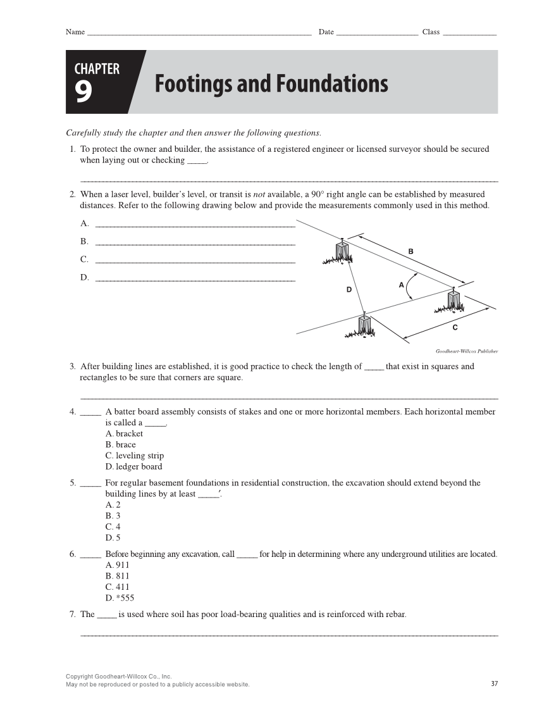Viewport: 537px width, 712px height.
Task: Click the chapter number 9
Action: point(84,92)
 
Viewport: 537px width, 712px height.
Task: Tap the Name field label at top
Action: point(75,32)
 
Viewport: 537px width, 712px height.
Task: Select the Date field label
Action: point(326,32)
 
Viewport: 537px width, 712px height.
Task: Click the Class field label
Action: point(431,32)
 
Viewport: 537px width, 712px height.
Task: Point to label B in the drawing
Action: point(410,252)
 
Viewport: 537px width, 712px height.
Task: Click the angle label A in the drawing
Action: point(401,285)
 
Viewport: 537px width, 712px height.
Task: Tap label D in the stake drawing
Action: point(349,289)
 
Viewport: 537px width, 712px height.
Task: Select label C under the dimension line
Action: point(455,327)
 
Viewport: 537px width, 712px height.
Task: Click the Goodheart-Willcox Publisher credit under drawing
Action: point(467,351)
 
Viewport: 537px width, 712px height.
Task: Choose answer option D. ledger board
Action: point(134,466)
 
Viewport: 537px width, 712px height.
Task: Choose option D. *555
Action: point(120,598)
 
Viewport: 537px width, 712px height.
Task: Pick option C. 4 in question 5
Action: point(113,527)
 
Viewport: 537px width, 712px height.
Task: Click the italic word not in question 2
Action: point(250,194)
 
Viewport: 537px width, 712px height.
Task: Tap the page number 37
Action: point(494,684)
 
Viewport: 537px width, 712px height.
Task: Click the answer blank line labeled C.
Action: point(195,261)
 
